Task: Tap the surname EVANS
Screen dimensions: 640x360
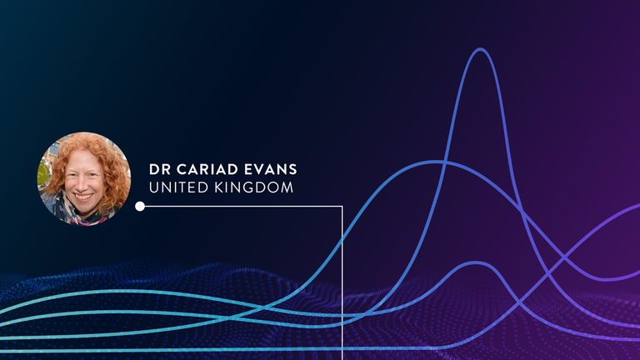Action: (271, 169)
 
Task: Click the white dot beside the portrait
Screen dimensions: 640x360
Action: (140, 206)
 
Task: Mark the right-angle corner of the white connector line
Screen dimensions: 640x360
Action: (342, 207)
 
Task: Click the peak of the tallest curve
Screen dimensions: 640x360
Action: (480, 49)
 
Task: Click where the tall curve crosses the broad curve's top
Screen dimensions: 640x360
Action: (446, 162)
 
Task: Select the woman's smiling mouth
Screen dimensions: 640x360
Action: (83, 197)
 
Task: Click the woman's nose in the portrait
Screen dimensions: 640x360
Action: (83, 186)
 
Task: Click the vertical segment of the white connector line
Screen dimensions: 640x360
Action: (342, 283)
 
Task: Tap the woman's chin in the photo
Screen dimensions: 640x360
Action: (84, 208)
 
